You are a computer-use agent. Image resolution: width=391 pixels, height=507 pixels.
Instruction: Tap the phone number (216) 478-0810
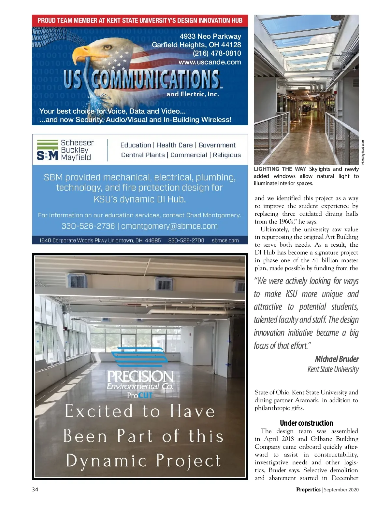(217, 53)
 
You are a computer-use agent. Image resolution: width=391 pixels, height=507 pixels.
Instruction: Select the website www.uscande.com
(210, 62)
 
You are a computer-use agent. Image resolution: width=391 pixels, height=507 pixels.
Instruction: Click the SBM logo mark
(47, 150)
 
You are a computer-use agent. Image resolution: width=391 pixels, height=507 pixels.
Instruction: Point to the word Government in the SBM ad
(217, 145)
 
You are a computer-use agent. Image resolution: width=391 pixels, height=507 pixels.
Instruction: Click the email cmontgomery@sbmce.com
(169, 226)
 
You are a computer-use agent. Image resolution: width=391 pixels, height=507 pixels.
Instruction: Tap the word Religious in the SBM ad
(227, 155)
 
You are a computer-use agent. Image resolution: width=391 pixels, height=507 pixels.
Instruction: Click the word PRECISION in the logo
(140, 377)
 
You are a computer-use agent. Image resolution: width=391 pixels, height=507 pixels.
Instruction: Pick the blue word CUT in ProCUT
(145, 395)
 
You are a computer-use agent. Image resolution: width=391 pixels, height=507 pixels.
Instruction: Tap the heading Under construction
(306, 423)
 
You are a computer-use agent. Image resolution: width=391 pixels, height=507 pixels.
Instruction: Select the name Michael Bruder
(337, 359)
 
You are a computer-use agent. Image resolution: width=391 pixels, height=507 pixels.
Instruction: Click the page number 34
(35, 490)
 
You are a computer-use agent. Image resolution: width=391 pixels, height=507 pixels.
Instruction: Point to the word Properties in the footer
(308, 490)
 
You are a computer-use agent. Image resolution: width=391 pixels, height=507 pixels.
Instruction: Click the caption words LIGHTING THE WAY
(280, 169)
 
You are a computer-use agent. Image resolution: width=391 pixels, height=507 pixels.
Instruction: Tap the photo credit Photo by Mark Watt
(363, 152)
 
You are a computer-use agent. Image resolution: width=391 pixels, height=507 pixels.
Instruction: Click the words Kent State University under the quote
(333, 369)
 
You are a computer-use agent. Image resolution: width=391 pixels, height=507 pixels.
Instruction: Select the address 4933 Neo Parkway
(210, 36)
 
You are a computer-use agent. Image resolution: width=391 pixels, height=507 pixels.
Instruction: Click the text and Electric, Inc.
(193, 94)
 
